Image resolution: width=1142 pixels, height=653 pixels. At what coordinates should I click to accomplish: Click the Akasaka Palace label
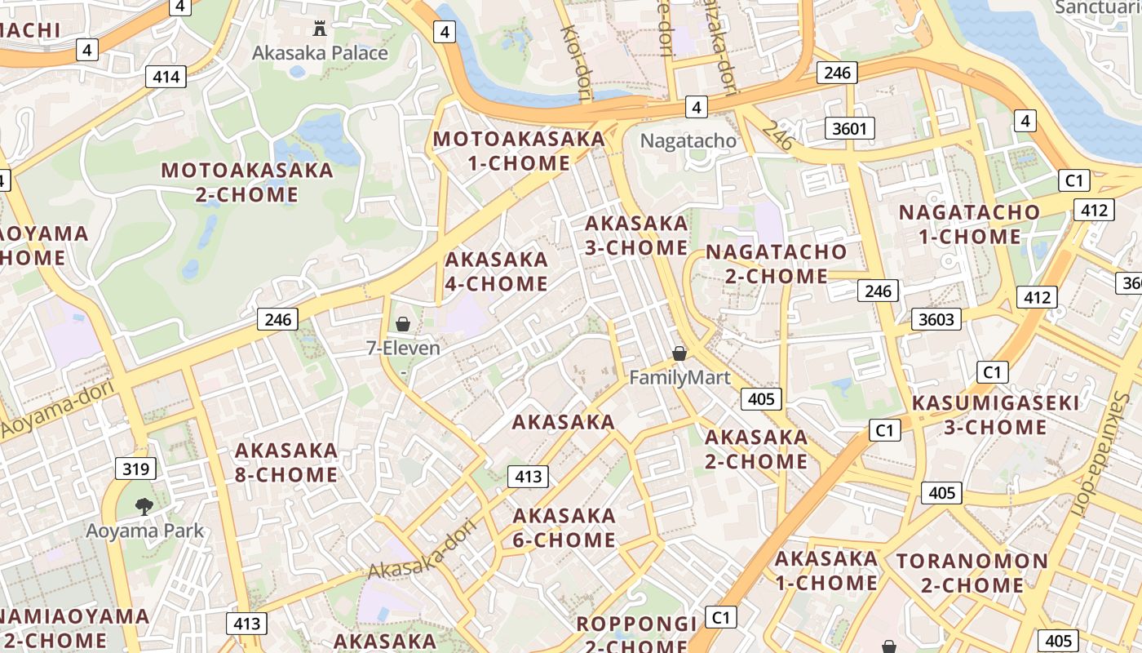click(320, 53)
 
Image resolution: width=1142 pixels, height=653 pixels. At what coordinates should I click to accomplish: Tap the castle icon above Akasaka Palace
click(320, 29)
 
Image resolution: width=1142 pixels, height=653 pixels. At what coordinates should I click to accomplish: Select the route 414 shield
click(166, 78)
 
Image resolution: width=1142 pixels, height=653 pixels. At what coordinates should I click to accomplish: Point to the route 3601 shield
click(850, 128)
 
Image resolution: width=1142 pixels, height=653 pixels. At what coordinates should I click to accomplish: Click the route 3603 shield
click(936, 319)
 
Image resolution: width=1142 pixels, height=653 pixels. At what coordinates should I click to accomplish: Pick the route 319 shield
click(136, 469)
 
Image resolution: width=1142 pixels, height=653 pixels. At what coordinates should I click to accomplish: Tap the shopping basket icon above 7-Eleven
click(403, 324)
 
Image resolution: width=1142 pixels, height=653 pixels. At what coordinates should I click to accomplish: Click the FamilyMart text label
click(679, 378)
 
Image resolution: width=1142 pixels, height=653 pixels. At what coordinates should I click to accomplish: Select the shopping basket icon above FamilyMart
click(679, 353)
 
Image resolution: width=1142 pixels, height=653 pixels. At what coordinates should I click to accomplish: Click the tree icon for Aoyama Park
click(144, 507)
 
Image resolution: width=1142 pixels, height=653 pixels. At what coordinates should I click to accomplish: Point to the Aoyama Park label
click(144, 531)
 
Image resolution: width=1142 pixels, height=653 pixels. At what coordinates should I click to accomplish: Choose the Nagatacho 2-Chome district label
click(776, 264)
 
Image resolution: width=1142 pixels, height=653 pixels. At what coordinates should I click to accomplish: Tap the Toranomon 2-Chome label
click(972, 573)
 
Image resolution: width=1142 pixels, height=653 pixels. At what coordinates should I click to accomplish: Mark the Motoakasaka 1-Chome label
click(519, 150)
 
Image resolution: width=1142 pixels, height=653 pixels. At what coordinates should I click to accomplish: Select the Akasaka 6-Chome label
click(564, 527)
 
